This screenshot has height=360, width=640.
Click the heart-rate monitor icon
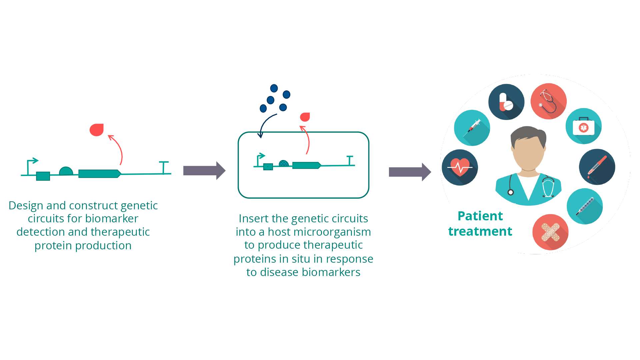460,167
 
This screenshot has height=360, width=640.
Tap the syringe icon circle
472,128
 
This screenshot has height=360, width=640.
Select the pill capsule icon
506,102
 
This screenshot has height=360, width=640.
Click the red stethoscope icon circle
548,101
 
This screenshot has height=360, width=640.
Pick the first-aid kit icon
583,126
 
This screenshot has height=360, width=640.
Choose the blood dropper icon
597,167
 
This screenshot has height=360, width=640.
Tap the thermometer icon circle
585,206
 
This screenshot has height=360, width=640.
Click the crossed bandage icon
550,232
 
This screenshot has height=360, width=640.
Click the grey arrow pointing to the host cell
204,171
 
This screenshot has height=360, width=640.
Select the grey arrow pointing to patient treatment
410,172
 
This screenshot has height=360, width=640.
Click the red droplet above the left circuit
97,130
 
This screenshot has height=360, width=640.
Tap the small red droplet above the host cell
305,117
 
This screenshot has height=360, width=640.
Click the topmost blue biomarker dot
274,88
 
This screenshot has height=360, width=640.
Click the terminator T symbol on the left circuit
163,167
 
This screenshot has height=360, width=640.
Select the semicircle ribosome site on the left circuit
66,171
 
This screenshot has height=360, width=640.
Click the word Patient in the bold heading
480,216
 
